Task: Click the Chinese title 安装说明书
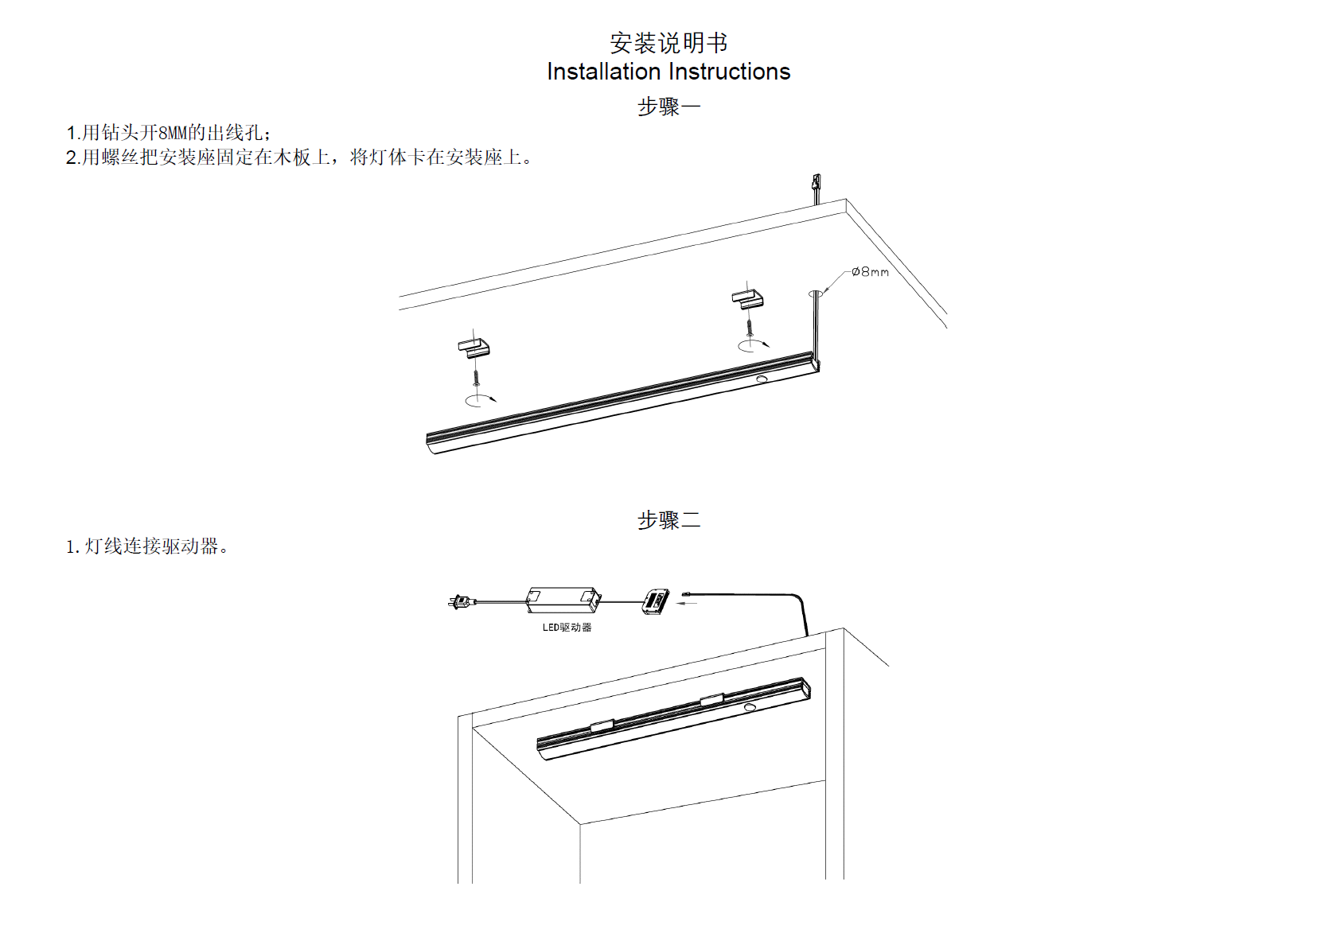point(668,43)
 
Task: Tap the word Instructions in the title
point(730,72)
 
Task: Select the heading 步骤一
point(668,107)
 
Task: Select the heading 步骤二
point(668,520)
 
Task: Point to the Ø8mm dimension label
point(870,272)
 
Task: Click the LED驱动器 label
point(567,628)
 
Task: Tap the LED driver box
point(563,600)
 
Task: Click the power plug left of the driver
point(461,602)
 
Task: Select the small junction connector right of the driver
point(657,601)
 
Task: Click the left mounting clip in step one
point(474,348)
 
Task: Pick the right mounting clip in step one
point(747,298)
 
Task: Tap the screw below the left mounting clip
point(475,375)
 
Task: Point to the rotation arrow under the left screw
point(480,399)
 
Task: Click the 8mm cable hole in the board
point(815,294)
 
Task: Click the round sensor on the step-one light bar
point(762,380)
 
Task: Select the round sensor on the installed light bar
point(750,706)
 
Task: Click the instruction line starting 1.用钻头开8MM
point(168,133)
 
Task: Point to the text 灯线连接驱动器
point(150,546)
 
